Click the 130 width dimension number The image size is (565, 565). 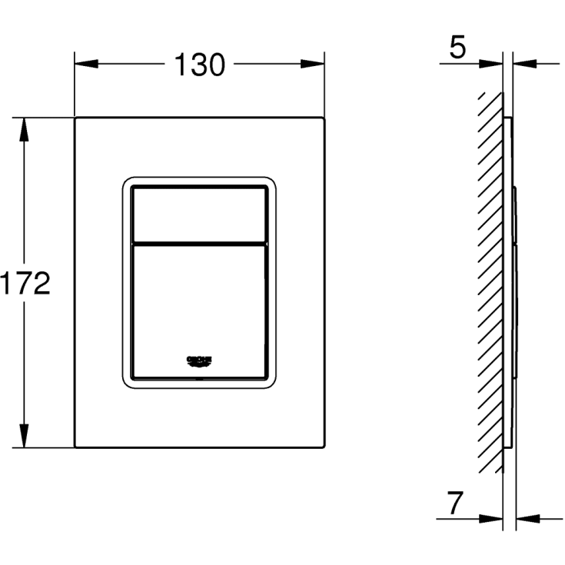(x=199, y=65)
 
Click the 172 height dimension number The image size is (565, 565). (x=25, y=284)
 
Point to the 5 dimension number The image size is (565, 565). (x=457, y=48)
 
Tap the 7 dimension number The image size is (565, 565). (x=456, y=504)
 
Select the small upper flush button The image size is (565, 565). (x=199, y=213)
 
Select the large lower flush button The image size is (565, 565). (x=199, y=307)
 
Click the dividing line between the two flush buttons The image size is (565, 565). (x=199, y=244)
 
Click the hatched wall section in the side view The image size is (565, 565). (x=489, y=284)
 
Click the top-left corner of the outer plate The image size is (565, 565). (x=75, y=118)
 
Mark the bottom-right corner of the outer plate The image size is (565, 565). (x=323, y=447)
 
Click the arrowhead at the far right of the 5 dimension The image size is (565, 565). (x=522, y=64)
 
